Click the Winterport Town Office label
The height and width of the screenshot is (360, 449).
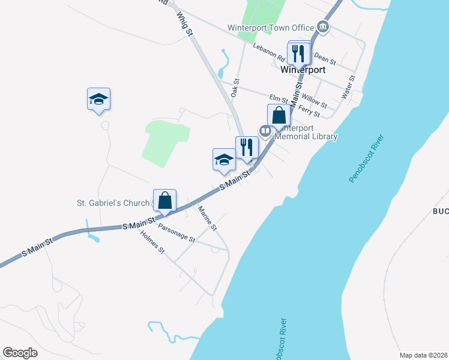pos(271,28)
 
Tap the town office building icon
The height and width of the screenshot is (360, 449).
pos(323,27)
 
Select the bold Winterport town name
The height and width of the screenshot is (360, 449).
pos(303,70)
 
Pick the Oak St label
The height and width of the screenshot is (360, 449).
pos(235,89)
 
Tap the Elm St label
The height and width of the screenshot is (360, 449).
pos(279,97)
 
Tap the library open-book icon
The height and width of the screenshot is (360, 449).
pos(265,130)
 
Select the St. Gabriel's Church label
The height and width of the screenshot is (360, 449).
pos(112,203)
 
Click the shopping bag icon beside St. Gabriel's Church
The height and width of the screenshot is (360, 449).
pos(164,200)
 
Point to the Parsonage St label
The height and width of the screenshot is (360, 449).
pos(176,232)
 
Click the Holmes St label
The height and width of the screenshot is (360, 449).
pos(152,243)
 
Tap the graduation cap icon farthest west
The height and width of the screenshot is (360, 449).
pos(98,99)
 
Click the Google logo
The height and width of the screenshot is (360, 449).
pos(20,353)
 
